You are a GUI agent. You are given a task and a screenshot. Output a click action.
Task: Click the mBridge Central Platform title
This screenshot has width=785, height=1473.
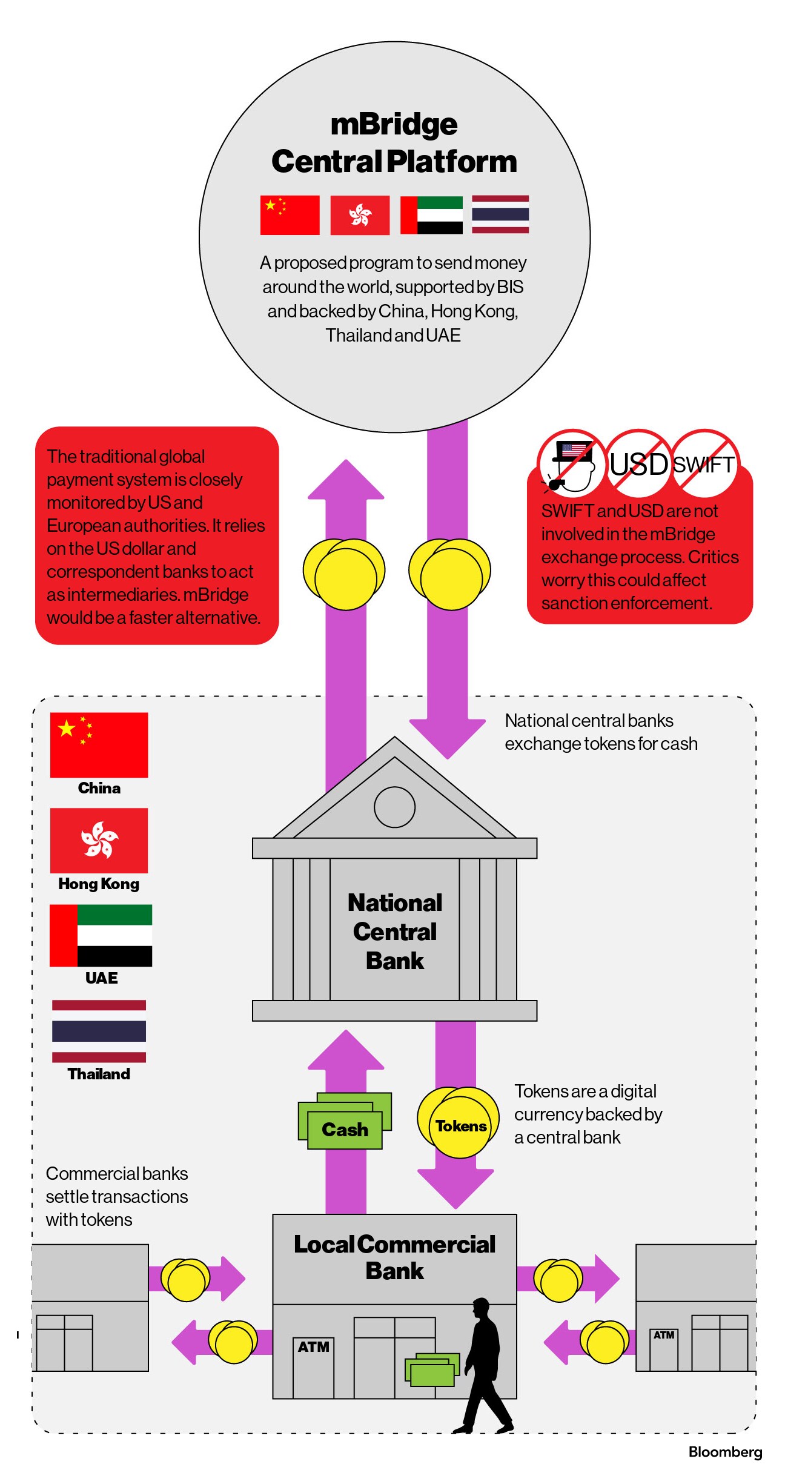coord(394,143)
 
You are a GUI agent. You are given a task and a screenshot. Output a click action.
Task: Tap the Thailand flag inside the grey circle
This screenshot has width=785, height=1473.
coord(500,214)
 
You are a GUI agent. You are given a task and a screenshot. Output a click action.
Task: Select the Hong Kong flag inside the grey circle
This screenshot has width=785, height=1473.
coord(360,215)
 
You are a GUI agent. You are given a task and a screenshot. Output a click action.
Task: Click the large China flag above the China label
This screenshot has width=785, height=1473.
coord(99,744)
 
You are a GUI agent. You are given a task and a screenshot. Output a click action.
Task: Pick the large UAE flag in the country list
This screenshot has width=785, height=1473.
coord(101,935)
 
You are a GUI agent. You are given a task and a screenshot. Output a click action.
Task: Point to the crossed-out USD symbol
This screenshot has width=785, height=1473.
coord(638,464)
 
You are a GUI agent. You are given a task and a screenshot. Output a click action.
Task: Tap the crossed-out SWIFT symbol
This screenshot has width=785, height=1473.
coord(704,464)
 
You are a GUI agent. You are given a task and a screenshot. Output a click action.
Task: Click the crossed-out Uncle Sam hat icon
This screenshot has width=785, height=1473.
coord(572,464)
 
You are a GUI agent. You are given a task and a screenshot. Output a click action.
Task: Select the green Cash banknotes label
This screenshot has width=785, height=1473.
coord(345,1129)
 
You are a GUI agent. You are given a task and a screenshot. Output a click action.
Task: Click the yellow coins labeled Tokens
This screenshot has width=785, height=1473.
coord(460,1125)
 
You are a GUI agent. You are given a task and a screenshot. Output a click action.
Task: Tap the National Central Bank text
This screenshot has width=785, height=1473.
coord(395,932)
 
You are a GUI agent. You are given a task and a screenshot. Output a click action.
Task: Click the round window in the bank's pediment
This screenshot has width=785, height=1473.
coord(394,807)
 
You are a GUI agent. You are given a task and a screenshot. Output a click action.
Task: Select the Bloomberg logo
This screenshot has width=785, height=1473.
coord(725,1452)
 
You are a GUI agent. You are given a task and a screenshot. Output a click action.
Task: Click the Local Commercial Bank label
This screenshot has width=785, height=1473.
coord(394,1257)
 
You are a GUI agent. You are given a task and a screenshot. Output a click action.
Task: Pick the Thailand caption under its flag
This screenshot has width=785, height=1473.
coord(99,1074)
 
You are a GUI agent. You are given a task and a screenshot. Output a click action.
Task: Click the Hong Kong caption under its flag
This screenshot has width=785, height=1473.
coord(99,884)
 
